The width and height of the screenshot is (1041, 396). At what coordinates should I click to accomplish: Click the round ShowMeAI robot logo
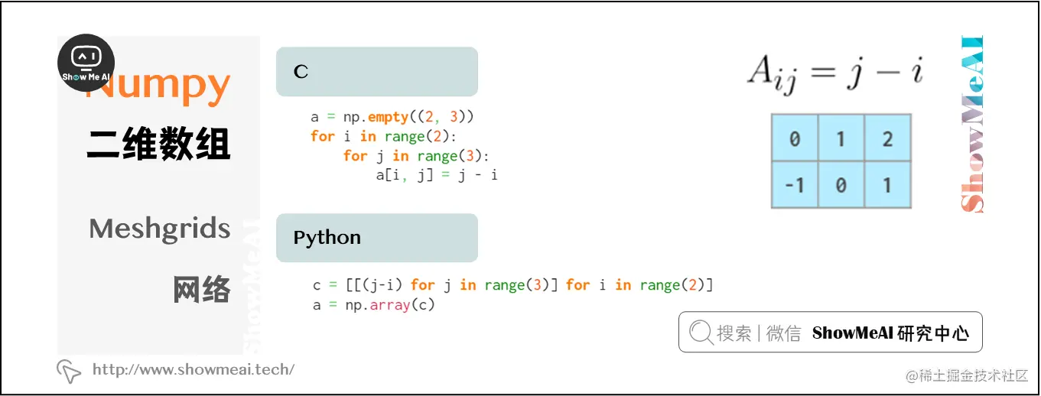[x=86, y=63]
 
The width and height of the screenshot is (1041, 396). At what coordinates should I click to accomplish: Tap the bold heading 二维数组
[x=158, y=144]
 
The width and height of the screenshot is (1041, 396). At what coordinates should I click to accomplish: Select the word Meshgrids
[x=159, y=229]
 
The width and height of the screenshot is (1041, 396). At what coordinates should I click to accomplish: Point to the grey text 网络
[x=201, y=290]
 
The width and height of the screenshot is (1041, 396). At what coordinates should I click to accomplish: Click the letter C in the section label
[x=301, y=72]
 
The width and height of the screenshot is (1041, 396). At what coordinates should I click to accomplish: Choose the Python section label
[x=327, y=238]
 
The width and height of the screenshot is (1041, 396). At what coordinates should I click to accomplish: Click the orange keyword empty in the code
[x=389, y=117]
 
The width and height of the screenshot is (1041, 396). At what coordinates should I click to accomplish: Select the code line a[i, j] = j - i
[x=436, y=175]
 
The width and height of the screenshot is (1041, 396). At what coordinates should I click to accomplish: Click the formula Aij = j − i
[x=835, y=73]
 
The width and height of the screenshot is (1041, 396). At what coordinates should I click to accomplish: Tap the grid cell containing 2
[x=887, y=139]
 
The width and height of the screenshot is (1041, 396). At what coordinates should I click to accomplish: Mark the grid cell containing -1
[x=794, y=185]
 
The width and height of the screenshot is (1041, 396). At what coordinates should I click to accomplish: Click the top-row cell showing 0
[x=794, y=139]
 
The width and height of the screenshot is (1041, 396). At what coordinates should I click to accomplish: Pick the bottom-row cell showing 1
[x=887, y=185]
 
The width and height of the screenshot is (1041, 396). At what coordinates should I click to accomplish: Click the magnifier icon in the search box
[x=701, y=333]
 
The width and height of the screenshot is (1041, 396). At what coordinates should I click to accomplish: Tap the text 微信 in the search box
[x=783, y=333]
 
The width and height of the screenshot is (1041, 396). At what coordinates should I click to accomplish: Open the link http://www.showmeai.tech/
[x=193, y=370]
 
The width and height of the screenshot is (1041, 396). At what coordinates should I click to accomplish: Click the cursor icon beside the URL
[x=69, y=371]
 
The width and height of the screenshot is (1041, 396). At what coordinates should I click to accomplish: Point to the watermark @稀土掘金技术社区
[x=967, y=376]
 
